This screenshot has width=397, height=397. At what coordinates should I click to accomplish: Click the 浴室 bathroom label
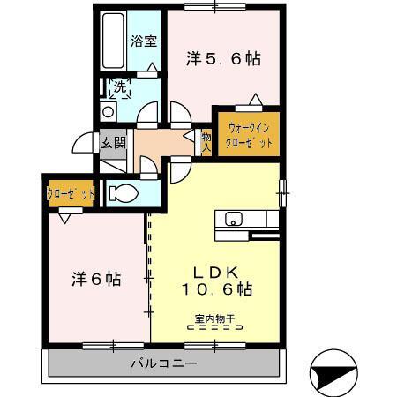[144, 41]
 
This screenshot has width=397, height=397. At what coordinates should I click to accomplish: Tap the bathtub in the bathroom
[113, 41]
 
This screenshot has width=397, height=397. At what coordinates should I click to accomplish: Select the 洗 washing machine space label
[120, 87]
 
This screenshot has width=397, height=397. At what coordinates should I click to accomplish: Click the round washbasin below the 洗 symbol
[108, 112]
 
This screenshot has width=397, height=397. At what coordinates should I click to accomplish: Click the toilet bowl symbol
[124, 193]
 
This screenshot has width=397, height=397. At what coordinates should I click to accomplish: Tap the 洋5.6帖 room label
[223, 58]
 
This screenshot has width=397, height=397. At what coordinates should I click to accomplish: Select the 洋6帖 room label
[96, 280]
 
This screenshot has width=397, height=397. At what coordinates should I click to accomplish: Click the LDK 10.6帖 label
[216, 281]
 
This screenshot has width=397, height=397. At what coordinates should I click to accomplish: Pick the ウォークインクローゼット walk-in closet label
[249, 135]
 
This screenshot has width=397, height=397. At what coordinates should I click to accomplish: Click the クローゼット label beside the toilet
[71, 194]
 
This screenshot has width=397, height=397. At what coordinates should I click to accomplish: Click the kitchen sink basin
[234, 219]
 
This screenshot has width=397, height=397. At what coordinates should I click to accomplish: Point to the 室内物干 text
[215, 318]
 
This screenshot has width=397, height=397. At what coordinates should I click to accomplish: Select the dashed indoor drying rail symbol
[215, 327]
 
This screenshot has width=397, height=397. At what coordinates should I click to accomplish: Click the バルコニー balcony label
[164, 363]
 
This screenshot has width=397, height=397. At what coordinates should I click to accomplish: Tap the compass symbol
[333, 373]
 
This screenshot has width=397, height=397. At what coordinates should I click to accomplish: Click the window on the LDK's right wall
[282, 193]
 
